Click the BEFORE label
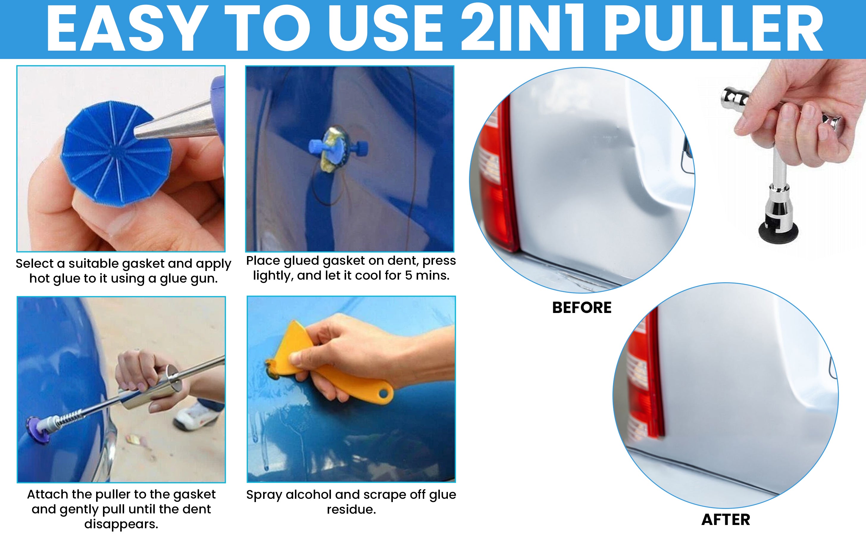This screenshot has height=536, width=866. tap(581, 307)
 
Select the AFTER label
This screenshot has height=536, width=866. tap(726, 520)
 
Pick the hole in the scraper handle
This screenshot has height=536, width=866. tap(384, 393)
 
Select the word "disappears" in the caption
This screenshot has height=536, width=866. tap(121, 524)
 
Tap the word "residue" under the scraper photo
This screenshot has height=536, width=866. tap(351, 509)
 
